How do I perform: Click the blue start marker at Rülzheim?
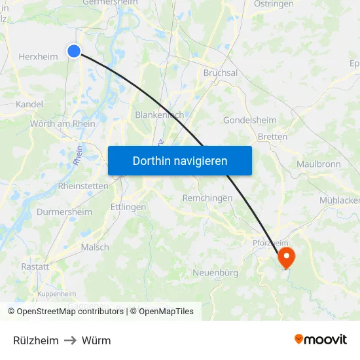(74, 51)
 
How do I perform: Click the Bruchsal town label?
(221, 73)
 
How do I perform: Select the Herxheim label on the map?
(39, 57)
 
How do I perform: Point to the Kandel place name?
(29, 104)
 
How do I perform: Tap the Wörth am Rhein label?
(62, 124)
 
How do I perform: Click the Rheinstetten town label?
(83, 186)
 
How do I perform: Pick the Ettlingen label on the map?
(128, 207)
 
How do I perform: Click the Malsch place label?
(95, 247)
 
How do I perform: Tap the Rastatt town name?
(35, 266)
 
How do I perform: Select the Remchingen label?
(207, 198)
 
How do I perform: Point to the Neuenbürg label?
(215, 272)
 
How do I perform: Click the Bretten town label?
(272, 137)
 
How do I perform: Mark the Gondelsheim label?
(250, 120)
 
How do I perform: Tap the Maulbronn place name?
(319, 164)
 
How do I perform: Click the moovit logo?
(320, 340)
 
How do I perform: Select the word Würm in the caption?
(96, 340)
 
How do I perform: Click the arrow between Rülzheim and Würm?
(70, 340)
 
